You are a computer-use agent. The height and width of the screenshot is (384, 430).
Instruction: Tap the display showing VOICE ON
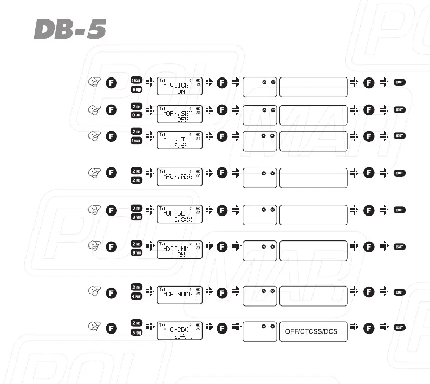180,86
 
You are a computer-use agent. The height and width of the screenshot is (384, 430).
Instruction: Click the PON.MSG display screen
180,177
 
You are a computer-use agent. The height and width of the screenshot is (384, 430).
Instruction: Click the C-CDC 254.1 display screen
180,330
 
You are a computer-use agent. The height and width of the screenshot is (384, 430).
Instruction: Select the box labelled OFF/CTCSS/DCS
312,331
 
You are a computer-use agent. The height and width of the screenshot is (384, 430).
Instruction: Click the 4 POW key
136,298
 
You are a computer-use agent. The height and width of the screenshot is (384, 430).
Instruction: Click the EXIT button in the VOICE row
400,82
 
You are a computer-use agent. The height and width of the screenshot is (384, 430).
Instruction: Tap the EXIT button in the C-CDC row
400,327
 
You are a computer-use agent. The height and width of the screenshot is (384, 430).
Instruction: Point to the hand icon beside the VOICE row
95,82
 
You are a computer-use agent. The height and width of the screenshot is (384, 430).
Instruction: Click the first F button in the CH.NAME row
111,292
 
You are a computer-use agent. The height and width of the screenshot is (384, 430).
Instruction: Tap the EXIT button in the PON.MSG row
400,173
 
